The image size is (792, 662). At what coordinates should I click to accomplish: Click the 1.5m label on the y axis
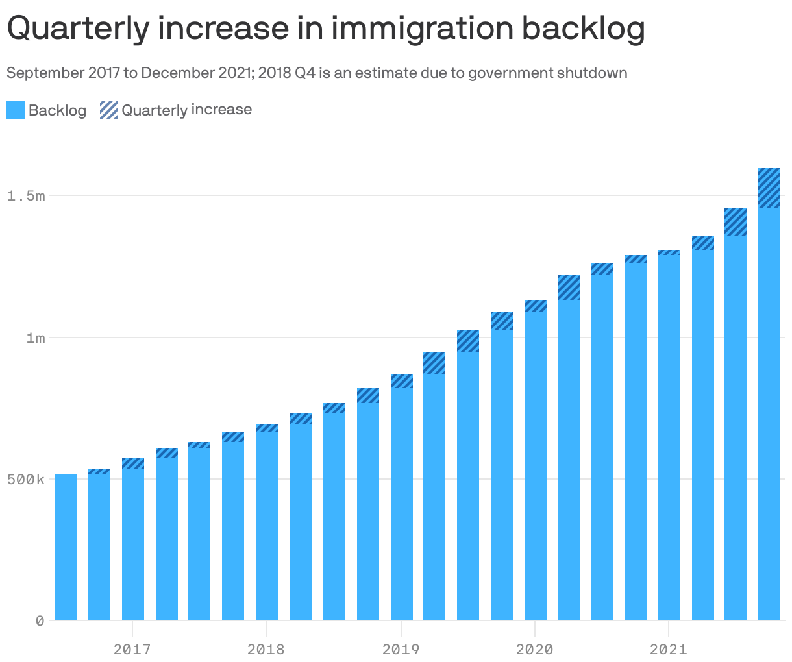(26, 195)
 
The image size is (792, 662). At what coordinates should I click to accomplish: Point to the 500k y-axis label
(26, 480)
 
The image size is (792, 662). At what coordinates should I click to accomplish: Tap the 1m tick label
(36, 337)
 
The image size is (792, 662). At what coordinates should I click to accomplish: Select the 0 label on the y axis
(40, 621)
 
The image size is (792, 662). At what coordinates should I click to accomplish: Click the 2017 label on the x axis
(132, 648)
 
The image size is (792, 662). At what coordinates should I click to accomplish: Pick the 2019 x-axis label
(401, 648)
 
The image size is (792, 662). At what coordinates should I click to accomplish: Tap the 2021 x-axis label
(669, 648)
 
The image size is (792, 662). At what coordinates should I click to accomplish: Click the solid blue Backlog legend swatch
(16, 110)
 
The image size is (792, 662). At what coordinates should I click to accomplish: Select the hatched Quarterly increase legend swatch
(109, 110)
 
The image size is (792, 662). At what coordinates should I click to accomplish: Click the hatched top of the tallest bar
(769, 188)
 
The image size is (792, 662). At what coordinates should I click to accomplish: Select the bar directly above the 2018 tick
(267, 526)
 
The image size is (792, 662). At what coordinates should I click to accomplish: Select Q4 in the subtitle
(304, 73)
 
